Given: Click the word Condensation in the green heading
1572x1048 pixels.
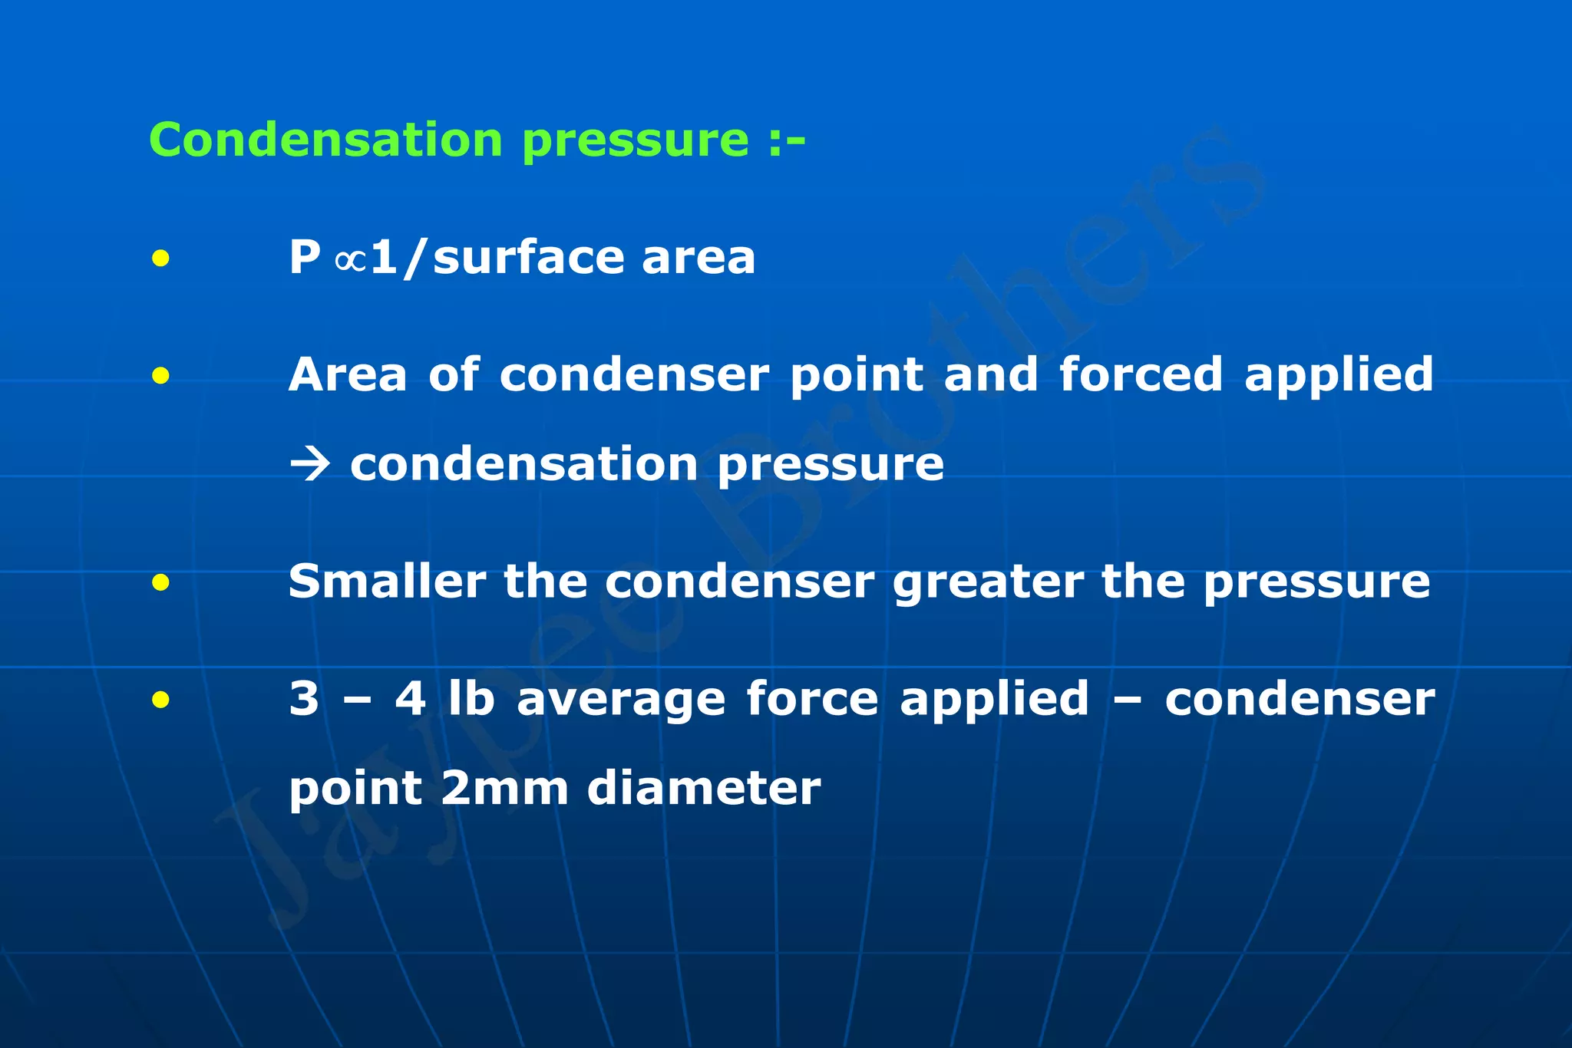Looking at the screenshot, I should point(325,140).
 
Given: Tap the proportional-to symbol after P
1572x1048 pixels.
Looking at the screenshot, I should point(350,259).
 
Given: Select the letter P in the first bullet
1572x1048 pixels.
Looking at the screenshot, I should point(304,257).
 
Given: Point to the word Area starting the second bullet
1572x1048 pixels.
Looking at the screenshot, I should point(348,374).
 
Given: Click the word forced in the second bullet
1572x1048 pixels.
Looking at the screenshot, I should point(1141,374).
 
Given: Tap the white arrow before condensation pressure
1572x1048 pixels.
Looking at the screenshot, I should point(309,465).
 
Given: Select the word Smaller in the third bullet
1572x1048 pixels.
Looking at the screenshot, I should point(387,582).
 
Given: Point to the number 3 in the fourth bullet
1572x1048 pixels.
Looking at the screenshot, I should point(304,699).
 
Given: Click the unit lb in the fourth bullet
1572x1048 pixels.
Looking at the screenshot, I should point(471,699).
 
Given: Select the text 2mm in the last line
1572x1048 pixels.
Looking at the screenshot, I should point(504,789).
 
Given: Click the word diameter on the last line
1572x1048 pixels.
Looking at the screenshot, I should point(704,789).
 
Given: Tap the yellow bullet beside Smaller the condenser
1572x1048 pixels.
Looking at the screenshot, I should point(160,583).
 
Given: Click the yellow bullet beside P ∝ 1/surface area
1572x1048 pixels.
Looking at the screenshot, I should point(160,259).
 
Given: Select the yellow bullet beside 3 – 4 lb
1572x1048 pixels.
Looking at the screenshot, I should point(160,699).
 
